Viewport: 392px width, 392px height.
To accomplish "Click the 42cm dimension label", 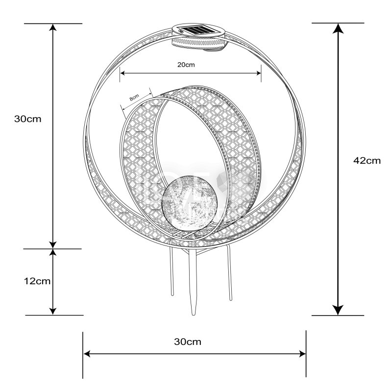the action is tap(367, 161).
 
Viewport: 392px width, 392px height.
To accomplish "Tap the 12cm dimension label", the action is tap(37, 281).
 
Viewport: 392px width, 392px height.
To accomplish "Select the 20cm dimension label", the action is tap(186, 65).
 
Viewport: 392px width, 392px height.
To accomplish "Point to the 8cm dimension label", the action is tap(134, 97).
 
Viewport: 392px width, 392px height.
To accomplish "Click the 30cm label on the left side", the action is tap(28, 119).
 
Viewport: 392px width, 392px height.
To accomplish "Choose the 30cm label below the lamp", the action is tap(188, 342).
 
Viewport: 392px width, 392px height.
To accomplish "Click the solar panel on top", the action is tap(199, 30).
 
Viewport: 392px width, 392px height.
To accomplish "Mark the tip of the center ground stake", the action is tap(193, 315).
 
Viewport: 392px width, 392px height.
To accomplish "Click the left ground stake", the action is tap(171, 272).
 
